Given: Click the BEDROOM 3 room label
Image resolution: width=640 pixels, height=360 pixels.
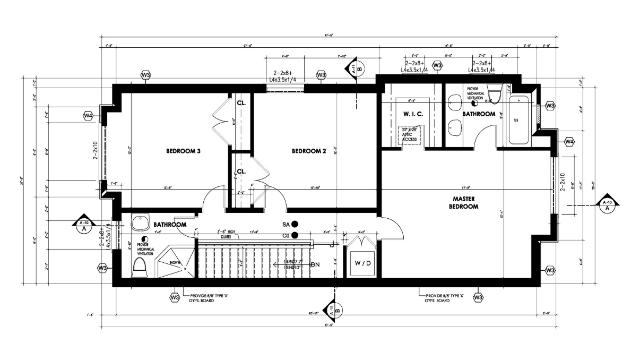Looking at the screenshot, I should point(183,151).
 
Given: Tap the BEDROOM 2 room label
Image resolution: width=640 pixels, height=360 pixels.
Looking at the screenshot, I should point(309,151).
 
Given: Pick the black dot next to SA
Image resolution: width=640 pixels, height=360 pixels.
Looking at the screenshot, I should point(295,225).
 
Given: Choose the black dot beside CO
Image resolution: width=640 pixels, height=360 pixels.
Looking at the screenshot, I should point(295,235).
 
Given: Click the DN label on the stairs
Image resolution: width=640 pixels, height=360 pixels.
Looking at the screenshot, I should point(315,264).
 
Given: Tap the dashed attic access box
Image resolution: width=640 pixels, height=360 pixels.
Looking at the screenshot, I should point(409,135).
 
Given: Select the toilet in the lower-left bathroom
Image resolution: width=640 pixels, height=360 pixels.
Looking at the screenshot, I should point(139,268).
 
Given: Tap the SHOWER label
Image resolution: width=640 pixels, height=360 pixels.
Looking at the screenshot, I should point(175,262).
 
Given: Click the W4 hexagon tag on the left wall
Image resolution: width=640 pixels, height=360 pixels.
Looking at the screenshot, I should point(88,115).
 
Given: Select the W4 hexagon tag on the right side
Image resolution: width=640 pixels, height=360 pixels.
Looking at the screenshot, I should point(569,142).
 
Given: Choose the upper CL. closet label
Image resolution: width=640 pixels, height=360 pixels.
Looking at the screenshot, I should point(241,102).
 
